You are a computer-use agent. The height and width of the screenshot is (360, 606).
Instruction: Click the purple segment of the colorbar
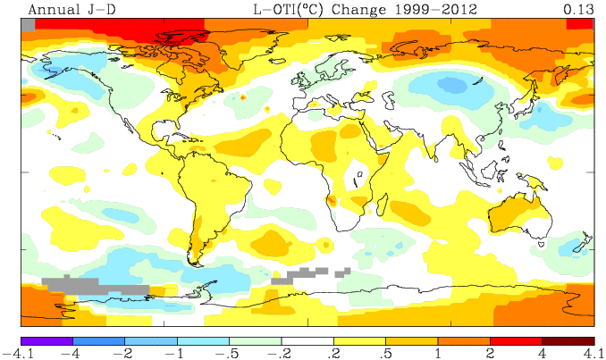[x=46, y=339]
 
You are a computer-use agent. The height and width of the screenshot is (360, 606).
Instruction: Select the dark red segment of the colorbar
[x=568, y=339]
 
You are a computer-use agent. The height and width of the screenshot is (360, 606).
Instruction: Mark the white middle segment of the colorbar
[x=307, y=339]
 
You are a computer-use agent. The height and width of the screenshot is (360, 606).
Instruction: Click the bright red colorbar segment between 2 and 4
[x=516, y=339]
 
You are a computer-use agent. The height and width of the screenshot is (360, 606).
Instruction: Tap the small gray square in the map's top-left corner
[x=27, y=24]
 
